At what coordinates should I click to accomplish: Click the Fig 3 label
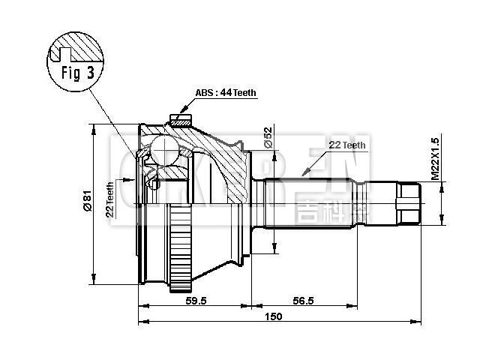point(74,75)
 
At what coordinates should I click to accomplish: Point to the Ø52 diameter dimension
point(268,137)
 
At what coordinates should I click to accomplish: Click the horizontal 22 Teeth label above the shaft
point(346,145)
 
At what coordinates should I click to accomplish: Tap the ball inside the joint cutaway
point(164,153)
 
